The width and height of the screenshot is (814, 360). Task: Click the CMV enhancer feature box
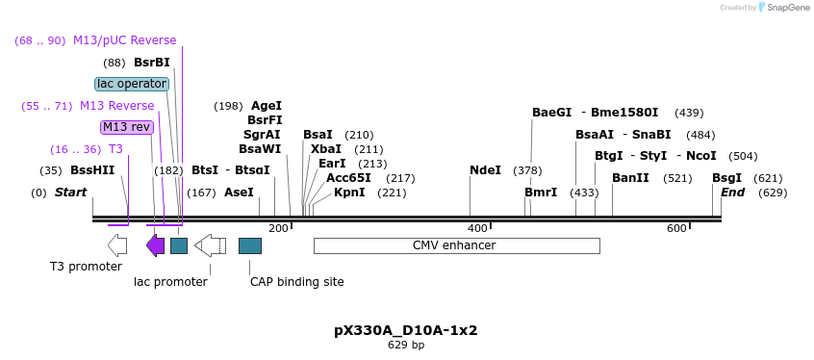tap(456, 245)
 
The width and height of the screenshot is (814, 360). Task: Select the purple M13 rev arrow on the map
tap(155, 245)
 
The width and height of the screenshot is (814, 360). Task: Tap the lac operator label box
tap(132, 84)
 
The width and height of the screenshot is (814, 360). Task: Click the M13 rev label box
tap(126, 127)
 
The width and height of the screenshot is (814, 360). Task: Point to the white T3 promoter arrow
tap(117, 245)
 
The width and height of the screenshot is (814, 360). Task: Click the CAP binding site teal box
tap(250, 245)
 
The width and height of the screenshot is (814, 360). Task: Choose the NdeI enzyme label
tap(485, 170)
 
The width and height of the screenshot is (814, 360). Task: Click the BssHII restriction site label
tap(92, 170)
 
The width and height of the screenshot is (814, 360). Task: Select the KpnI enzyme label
tap(349, 193)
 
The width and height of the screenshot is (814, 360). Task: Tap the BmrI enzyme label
tap(541, 193)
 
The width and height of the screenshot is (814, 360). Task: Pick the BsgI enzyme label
tap(726, 178)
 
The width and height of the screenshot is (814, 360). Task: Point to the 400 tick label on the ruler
tap(477, 228)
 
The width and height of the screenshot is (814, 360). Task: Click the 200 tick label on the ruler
tap(278, 228)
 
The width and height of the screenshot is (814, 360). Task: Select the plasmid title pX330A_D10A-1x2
tap(406, 330)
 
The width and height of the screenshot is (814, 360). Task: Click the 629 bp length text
tap(406, 345)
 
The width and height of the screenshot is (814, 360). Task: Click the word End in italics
tap(732, 193)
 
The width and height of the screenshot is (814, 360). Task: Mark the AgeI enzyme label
tap(267, 106)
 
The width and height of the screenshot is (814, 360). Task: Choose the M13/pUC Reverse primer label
tap(124, 40)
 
